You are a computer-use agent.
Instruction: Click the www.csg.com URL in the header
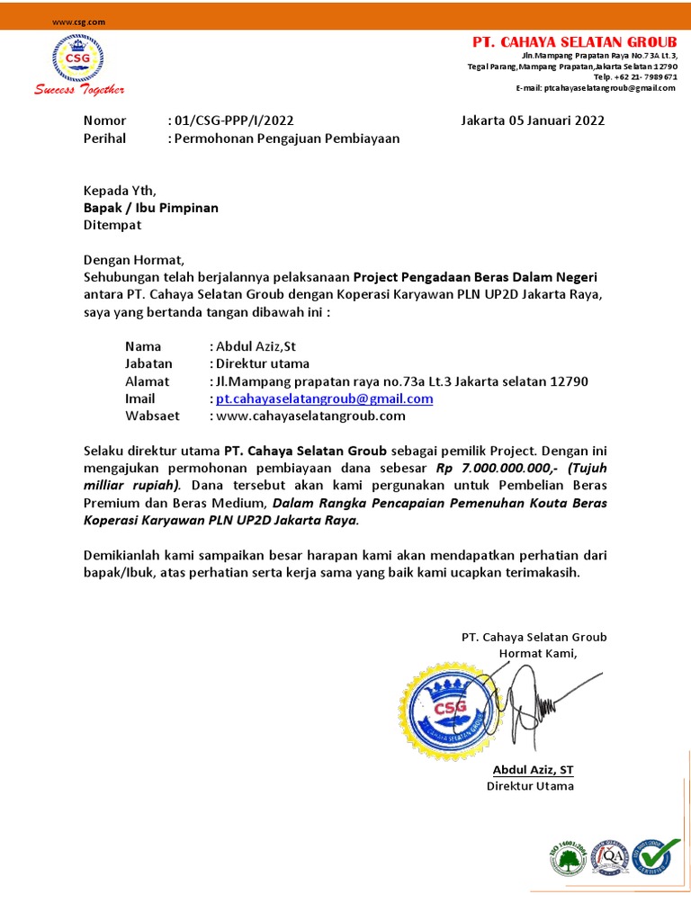78,21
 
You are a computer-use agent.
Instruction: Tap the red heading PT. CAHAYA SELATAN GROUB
575,42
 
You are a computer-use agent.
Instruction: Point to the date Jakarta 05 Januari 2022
533,121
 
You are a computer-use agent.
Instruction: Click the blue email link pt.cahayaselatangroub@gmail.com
324,398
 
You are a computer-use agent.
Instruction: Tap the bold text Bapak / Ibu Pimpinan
150,208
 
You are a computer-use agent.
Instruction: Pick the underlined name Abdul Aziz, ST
533,770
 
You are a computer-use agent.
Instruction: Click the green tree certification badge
568,859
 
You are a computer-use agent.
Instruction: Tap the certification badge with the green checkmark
655,859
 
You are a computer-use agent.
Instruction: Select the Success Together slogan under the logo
79,89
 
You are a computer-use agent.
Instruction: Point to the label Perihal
104,139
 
